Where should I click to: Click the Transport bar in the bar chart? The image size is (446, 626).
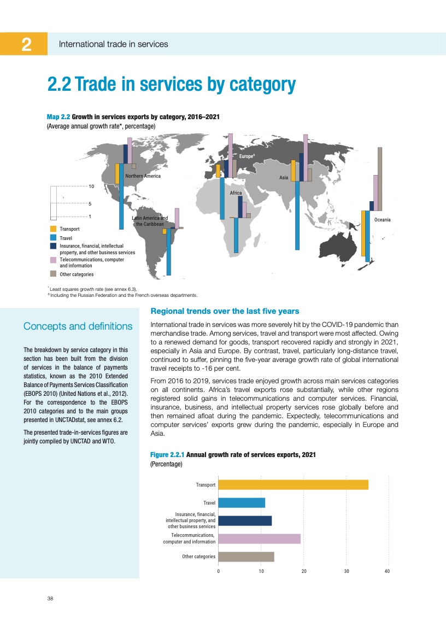coord(294,485)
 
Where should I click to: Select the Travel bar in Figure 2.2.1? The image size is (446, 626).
coord(242,502)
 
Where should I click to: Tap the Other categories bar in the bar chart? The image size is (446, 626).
coord(246,557)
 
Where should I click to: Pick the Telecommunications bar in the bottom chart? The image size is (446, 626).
coord(260,539)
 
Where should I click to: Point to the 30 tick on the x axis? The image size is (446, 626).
coord(346,571)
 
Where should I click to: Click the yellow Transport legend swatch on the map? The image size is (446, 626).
coord(53,229)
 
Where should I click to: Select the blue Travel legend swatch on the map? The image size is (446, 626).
coord(53,238)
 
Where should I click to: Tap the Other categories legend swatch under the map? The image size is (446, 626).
coord(53,274)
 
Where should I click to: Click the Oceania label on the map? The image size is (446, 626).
coord(382,220)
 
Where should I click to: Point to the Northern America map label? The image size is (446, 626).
coord(143,176)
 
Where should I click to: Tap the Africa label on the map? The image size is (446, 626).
coord(236,193)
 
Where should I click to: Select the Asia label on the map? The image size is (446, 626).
coord(284,178)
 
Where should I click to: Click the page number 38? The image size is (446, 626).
coord(50,599)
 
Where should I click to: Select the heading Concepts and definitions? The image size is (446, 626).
coord(78,326)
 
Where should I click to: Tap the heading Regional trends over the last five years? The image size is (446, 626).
coord(224,312)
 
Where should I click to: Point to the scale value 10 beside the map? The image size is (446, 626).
coord(92,186)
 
